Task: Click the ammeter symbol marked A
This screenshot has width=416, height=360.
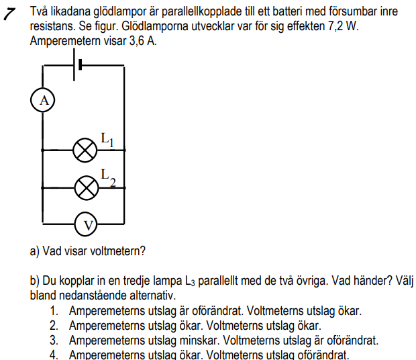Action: coord(44,100)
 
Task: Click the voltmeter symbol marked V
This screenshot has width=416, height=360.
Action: coord(85,224)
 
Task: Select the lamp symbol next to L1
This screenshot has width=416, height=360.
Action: coord(85,150)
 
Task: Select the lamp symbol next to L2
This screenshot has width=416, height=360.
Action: coord(85,187)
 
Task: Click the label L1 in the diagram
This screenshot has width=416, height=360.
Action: coord(107,139)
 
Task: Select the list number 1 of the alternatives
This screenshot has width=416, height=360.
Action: coord(54,311)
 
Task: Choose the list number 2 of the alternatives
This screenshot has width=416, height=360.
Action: coord(54,326)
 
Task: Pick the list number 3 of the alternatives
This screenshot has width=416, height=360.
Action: coord(54,341)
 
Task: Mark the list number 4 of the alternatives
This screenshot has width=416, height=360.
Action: coord(54,355)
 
